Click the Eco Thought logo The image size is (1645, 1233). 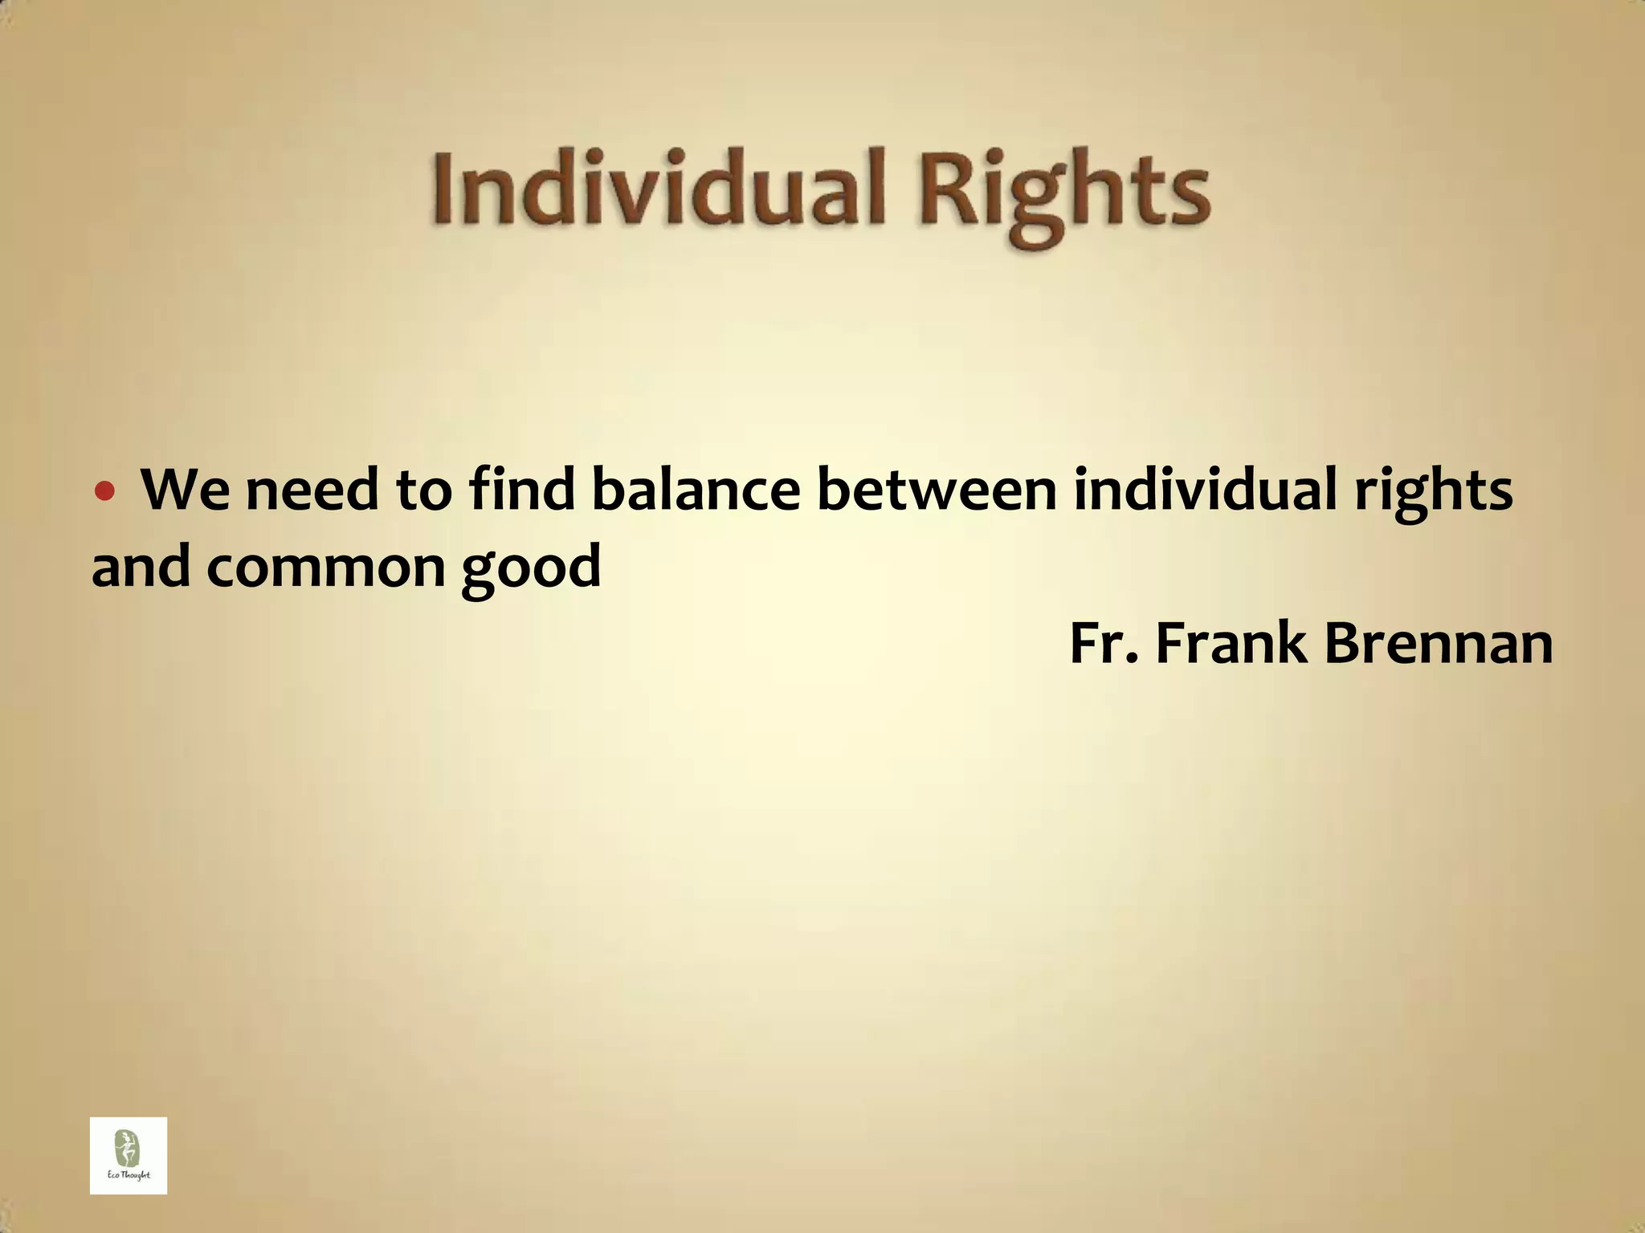(x=129, y=1155)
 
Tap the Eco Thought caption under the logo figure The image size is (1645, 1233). (x=129, y=1176)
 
